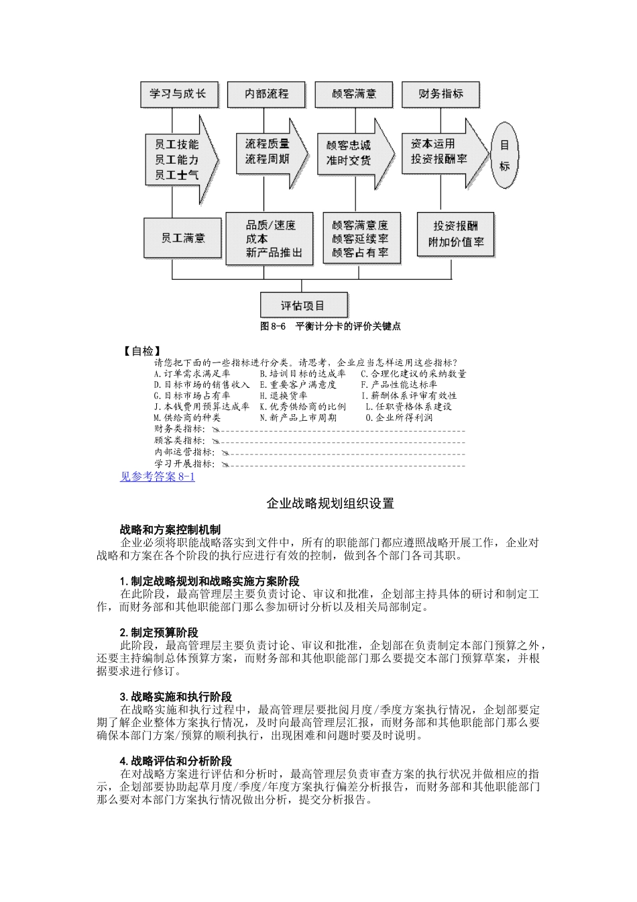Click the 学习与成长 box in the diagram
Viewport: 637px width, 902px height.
178,94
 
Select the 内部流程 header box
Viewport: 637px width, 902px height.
266,94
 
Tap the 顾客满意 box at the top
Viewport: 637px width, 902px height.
353,94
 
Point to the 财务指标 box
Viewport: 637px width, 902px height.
441,94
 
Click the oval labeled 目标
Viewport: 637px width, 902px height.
504,155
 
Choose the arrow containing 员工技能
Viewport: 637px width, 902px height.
180,160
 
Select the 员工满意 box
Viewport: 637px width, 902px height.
182,238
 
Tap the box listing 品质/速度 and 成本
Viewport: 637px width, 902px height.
270,238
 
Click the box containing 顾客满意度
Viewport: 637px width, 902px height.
361,238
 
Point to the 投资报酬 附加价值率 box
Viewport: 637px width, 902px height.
455,234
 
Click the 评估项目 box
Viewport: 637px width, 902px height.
303,305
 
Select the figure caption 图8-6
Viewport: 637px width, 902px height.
330,326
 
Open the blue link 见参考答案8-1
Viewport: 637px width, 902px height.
158,477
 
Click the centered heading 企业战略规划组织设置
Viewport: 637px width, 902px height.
330,503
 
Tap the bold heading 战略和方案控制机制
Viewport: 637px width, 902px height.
170,530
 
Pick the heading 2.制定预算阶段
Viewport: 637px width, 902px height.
159,633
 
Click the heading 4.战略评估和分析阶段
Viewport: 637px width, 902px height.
176,761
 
